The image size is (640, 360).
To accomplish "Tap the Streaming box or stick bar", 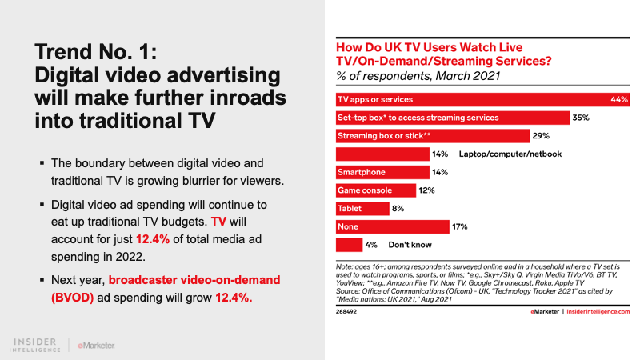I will (432, 135).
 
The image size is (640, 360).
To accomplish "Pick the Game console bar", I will (375, 190).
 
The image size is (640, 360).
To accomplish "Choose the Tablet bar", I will (362, 208).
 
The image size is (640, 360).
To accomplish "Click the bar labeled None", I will (392, 226).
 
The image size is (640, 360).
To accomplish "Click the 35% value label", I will (581, 117).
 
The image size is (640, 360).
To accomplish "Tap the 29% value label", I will (542, 135).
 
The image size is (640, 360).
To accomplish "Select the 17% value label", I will (459, 226).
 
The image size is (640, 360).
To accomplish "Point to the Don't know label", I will (410, 244).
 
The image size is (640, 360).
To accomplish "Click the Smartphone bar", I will (382, 171).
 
